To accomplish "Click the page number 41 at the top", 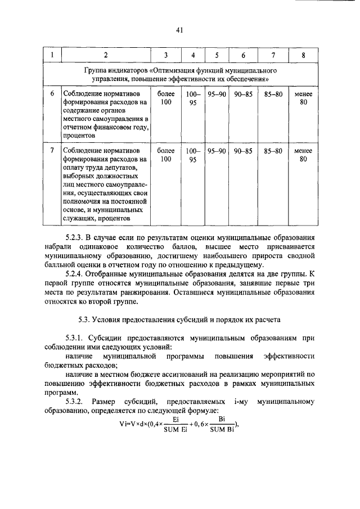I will [179, 30].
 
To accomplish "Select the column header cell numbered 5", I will [216, 55].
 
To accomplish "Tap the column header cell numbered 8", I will [303, 55].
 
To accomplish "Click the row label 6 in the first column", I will [52, 93].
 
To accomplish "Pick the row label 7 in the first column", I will [52, 151].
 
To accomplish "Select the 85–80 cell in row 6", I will [273, 93].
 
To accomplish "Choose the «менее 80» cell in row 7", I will [303, 155].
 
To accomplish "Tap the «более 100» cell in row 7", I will [166, 155].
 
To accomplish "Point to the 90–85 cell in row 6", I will [243, 93].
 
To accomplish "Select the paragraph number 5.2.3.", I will [75, 238].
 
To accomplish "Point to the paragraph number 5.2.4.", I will [75, 274].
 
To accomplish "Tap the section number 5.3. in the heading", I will [86, 319].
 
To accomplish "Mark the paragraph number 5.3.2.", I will [74, 402].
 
